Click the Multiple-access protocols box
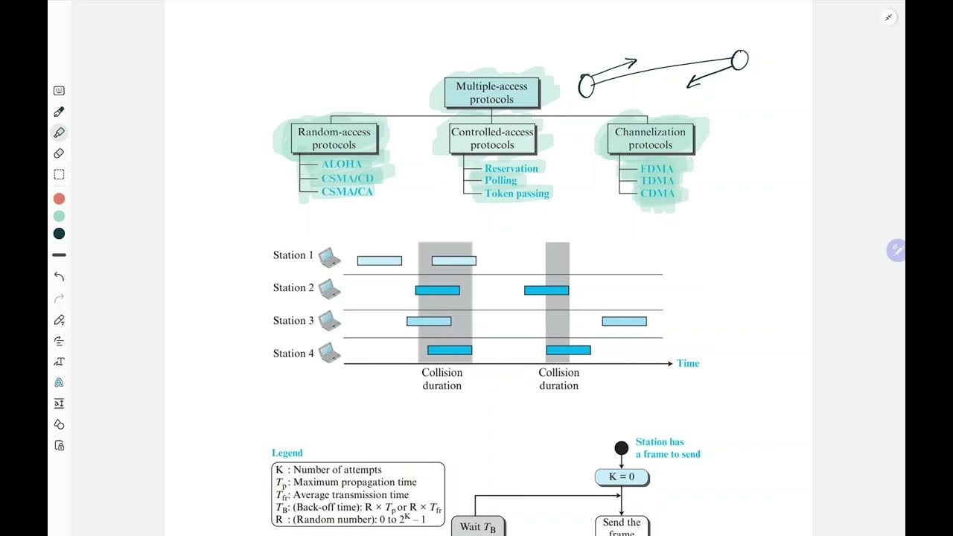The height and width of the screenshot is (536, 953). (x=491, y=92)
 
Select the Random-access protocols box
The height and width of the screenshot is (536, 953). (x=334, y=138)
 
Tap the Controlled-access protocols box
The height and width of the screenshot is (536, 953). (x=492, y=138)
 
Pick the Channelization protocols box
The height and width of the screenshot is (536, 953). (x=650, y=138)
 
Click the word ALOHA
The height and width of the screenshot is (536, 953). (x=342, y=165)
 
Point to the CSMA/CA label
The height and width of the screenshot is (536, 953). (x=347, y=191)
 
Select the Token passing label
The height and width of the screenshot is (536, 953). (x=517, y=194)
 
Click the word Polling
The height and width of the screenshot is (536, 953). (x=500, y=181)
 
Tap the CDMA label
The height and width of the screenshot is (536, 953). (x=657, y=194)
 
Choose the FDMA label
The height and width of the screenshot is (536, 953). (x=657, y=169)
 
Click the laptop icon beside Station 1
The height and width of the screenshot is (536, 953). (x=329, y=258)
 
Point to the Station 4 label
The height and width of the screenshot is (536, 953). (x=293, y=354)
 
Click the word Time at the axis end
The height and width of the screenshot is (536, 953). (x=688, y=364)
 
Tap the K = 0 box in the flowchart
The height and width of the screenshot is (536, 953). (x=622, y=477)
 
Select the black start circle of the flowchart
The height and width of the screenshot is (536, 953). (x=622, y=447)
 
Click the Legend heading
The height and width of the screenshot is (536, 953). (x=287, y=453)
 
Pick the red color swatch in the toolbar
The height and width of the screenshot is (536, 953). (x=59, y=199)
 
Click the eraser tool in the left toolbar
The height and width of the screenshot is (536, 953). (x=59, y=153)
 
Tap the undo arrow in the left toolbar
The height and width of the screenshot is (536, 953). (x=59, y=276)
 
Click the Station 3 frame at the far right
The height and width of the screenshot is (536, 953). (x=624, y=322)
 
